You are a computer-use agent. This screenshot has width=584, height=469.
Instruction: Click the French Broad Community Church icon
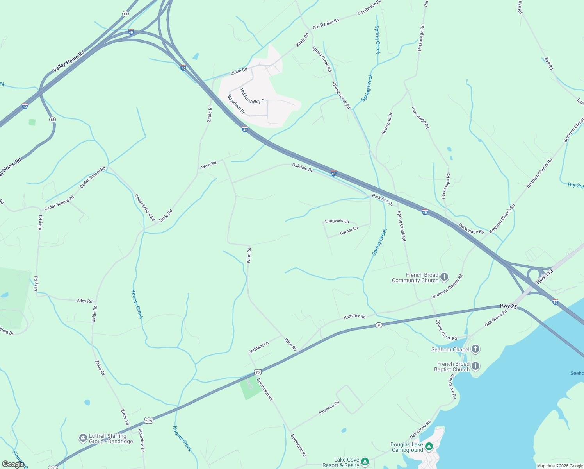pyautogui.click(x=444, y=277)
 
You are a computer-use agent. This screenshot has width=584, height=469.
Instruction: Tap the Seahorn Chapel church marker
pyautogui.click(x=475, y=349)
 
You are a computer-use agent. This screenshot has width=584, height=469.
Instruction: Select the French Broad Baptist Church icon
pyautogui.click(x=475, y=367)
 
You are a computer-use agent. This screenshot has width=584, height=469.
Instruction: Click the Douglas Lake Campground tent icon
pyautogui.click(x=429, y=446)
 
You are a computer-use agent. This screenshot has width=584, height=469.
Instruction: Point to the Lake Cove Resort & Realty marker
pyautogui.click(x=365, y=462)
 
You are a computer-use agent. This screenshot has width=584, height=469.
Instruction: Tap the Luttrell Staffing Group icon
pyautogui.click(x=83, y=438)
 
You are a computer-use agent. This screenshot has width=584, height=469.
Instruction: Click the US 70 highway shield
pyautogui.click(x=257, y=371)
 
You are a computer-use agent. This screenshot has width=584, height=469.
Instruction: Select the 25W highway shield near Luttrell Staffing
pyautogui.click(x=149, y=421)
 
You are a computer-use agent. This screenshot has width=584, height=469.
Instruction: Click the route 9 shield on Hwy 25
pyautogui.click(x=378, y=325)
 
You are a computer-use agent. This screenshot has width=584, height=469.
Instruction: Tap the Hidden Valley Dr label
pyautogui.click(x=253, y=96)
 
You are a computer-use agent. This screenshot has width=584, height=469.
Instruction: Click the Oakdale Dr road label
pyautogui.click(x=303, y=168)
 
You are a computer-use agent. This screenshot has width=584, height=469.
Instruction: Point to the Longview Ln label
pyautogui.click(x=337, y=221)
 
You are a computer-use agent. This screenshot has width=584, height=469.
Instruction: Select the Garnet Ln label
pyautogui.click(x=349, y=231)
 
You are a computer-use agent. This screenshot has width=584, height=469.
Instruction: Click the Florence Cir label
pyautogui.click(x=329, y=408)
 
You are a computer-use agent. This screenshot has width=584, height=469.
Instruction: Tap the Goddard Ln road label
pyautogui.click(x=258, y=347)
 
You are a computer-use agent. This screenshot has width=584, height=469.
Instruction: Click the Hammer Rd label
pyautogui.click(x=354, y=317)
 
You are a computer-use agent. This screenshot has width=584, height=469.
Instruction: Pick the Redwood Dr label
pyautogui.click(x=387, y=124)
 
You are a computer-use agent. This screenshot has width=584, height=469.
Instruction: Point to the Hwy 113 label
pyautogui.click(x=545, y=276)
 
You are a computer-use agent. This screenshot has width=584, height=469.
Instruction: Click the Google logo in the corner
pyautogui.click(x=13, y=464)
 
